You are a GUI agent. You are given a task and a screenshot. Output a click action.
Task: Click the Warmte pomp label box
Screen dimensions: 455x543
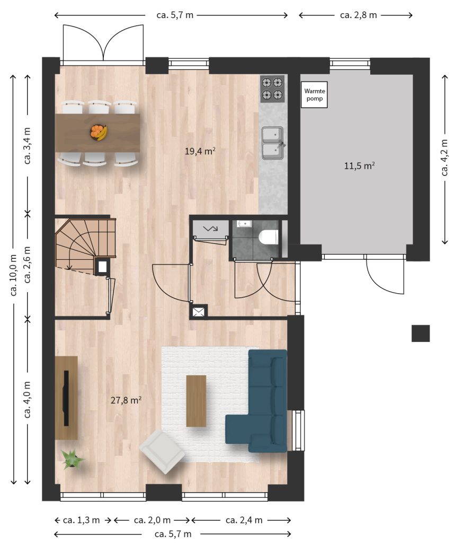314,94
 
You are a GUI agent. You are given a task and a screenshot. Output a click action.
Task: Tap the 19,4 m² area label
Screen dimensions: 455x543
200,151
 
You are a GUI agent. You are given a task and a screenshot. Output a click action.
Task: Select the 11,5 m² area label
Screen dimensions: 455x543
360,165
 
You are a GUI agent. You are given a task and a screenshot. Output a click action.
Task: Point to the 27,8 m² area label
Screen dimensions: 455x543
126,400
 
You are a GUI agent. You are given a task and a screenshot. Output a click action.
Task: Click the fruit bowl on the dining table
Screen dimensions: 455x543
99,132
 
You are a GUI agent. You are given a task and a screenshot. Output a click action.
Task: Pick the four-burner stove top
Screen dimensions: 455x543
272,89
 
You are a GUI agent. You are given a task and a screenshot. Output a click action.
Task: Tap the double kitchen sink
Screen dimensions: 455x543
273,143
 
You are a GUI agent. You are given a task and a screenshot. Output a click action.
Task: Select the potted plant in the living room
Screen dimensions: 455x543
73,459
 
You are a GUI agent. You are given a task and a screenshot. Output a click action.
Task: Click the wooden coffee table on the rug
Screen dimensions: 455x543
196,401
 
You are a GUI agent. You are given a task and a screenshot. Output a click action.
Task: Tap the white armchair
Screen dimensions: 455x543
162,451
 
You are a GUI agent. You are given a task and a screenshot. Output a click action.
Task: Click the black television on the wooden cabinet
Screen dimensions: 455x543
66,398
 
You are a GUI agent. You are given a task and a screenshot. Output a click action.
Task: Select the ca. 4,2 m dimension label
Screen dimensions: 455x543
445,157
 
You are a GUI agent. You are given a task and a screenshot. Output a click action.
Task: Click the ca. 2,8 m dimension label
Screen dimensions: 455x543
359,15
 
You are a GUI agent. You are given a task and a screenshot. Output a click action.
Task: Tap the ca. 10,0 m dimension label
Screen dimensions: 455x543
13,275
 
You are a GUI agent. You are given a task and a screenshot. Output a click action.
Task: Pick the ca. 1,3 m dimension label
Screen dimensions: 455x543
82,520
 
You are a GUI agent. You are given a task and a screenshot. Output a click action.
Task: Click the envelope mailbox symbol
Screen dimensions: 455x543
198,312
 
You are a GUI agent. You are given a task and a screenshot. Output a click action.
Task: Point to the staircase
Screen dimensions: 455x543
85,244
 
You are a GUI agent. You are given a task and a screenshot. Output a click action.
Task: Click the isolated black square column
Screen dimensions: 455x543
421,333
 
